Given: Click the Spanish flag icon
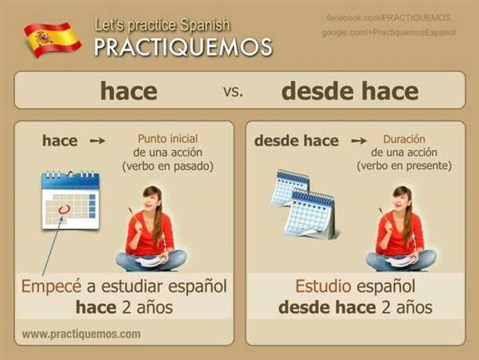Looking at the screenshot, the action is (x=53, y=40).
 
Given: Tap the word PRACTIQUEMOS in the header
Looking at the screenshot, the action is (x=183, y=47).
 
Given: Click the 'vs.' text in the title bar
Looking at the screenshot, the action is (x=233, y=91).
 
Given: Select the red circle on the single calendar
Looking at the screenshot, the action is (x=64, y=209).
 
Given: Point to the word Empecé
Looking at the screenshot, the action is (x=51, y=286).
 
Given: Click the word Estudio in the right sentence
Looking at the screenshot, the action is (x=323, y=286).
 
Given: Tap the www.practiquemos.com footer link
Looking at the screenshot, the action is (x=81, y=334).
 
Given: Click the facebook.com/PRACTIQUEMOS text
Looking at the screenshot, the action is (x=389, y=18).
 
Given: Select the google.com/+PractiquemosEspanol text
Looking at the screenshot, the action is (x=389, y=32).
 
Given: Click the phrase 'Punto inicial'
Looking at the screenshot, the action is (x=168, y=139).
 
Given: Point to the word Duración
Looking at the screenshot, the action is (x=404, y=139).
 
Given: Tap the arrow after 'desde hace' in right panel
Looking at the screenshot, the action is (x=359, y=141).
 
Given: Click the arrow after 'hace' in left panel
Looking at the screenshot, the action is (x=97, y=141).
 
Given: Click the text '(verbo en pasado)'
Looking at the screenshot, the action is (x=168, y=166).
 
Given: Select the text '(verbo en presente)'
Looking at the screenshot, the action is (x=404, y=166).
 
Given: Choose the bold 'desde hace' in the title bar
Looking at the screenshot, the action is (x=349, y=91).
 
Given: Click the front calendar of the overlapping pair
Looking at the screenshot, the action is (x=309, y=214).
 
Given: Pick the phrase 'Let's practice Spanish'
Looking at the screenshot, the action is (x=162, y=25).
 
